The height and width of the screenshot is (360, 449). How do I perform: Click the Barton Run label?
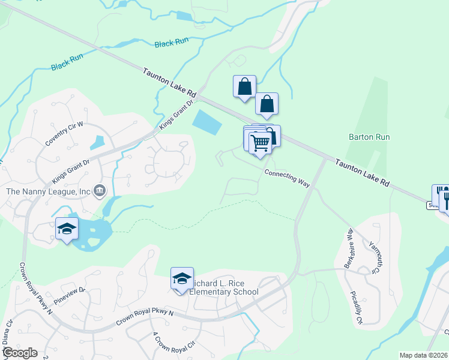click(369, 137)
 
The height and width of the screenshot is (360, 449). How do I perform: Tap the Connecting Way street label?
click(288, 178)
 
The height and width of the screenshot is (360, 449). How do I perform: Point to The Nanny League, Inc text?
click(48, 191)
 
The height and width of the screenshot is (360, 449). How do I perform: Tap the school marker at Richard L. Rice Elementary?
click(182, 280)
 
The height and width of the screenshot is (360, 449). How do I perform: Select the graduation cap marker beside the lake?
click(67, 229)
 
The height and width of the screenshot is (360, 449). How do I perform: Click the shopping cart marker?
click(260, 143)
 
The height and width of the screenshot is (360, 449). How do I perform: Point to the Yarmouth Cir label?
click(375, 259)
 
